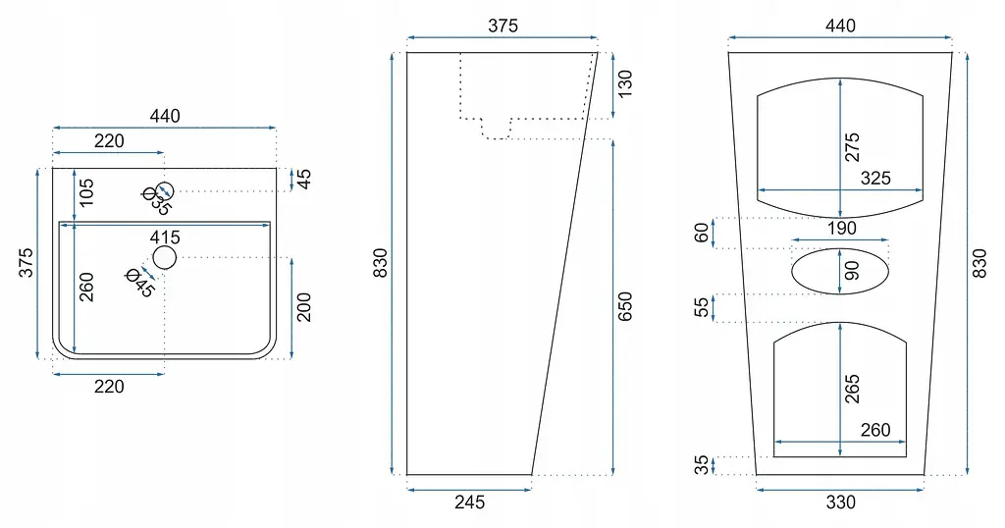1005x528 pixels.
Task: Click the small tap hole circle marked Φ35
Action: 165,191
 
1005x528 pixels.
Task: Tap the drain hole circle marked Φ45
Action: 164,257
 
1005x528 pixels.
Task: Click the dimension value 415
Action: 165,238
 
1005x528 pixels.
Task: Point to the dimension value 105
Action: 86,192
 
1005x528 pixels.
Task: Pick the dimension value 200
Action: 304,307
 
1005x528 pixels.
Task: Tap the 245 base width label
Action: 470,502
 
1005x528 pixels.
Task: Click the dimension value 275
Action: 852,147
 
